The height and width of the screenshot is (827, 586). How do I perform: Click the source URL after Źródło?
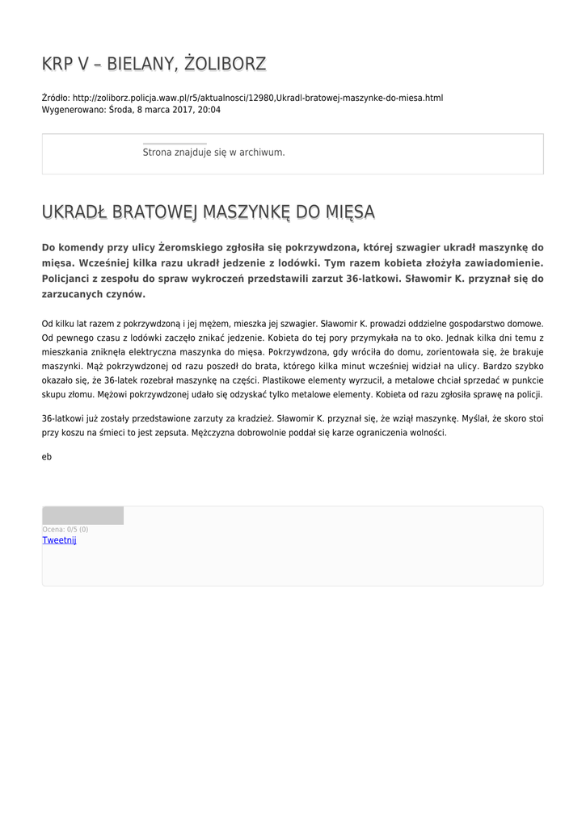pyautogui.click(x=257, y=98)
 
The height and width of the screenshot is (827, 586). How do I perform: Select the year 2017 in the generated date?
pyautogui.click(x=183, y=110)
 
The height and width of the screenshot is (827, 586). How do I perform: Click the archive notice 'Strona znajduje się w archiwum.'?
pyautogui.click(x=213, y=152)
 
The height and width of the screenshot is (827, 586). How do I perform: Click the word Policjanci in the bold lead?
pyautogui.click(x=72, y=279)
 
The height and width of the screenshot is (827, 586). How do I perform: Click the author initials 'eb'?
pyautogui.click(x=47, y=457)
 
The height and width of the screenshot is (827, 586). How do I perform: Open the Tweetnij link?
pyautogui.click(x=59, y=540)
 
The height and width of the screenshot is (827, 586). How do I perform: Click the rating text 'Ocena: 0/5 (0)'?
pyautogui.click(x=65, y=530)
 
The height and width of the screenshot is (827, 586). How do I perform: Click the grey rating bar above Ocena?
pyautogui.click(x=82, y=516)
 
